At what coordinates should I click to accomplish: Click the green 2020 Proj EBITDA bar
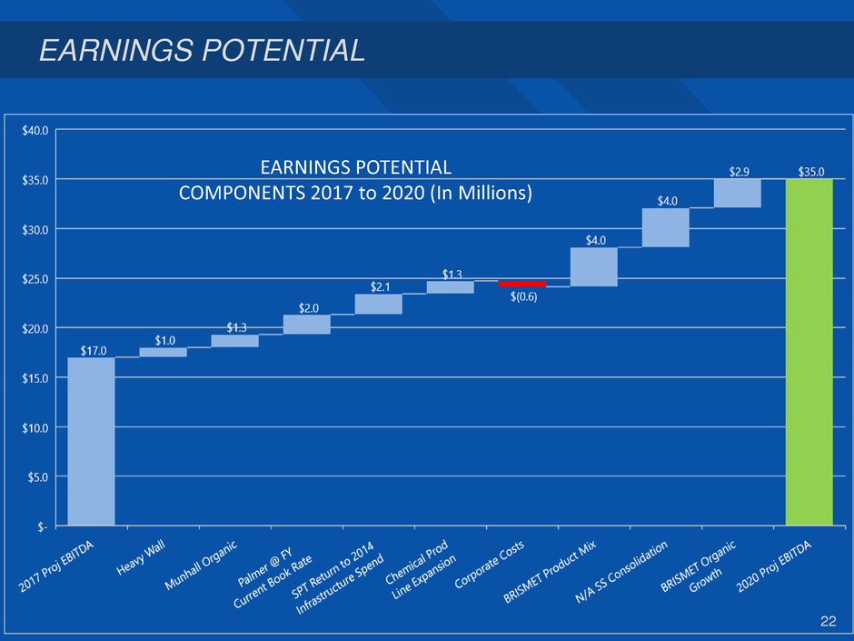(809, 351)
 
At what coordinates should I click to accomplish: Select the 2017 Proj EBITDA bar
(91, 441)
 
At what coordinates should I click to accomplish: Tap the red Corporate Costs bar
(521, 284)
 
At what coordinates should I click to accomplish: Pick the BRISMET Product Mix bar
(593, 266)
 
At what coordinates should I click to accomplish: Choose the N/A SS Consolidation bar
(665, 227)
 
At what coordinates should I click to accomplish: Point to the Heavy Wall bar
(163, 352)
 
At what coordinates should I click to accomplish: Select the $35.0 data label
(811, 170)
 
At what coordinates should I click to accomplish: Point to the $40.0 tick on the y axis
(37, 130)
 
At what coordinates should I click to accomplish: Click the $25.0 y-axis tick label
(37, 278)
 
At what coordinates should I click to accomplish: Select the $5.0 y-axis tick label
(39, 476)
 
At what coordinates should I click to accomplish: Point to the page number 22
(828, 621)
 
